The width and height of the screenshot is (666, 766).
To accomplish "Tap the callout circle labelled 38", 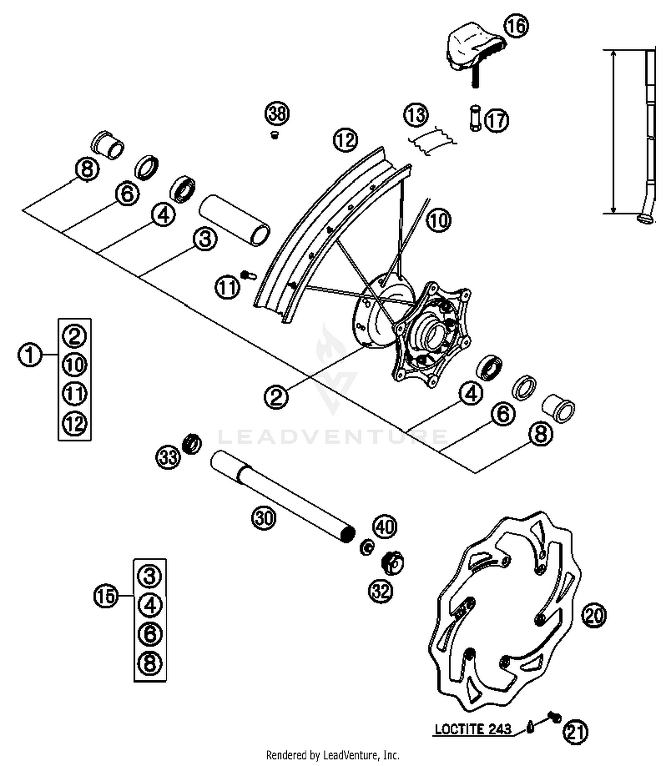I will click(277, 114).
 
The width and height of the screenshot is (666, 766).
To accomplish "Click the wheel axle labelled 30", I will click(284, 497).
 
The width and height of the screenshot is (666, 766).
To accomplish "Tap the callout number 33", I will click(168, 457).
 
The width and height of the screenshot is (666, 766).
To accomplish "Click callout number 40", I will click(385, 527).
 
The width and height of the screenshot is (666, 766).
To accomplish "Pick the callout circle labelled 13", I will click(416, 115).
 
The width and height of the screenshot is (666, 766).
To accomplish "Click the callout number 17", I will click(496, 120).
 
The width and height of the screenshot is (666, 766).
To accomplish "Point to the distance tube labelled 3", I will click(234, 220).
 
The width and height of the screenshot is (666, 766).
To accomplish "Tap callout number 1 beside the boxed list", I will click(30, 355).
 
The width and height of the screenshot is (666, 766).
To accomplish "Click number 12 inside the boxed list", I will click(75, 423).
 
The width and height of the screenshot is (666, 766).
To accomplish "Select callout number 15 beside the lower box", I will click(106, 596).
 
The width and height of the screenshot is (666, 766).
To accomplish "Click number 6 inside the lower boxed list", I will click(150, 634).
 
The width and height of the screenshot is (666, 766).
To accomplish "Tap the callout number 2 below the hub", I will click(276, 397).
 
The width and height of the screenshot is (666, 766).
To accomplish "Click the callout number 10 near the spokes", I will click(439, 220).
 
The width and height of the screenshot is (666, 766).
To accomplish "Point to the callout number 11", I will click(227, 288).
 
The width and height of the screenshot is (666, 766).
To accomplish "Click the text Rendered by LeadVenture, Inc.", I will click(333, 754).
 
